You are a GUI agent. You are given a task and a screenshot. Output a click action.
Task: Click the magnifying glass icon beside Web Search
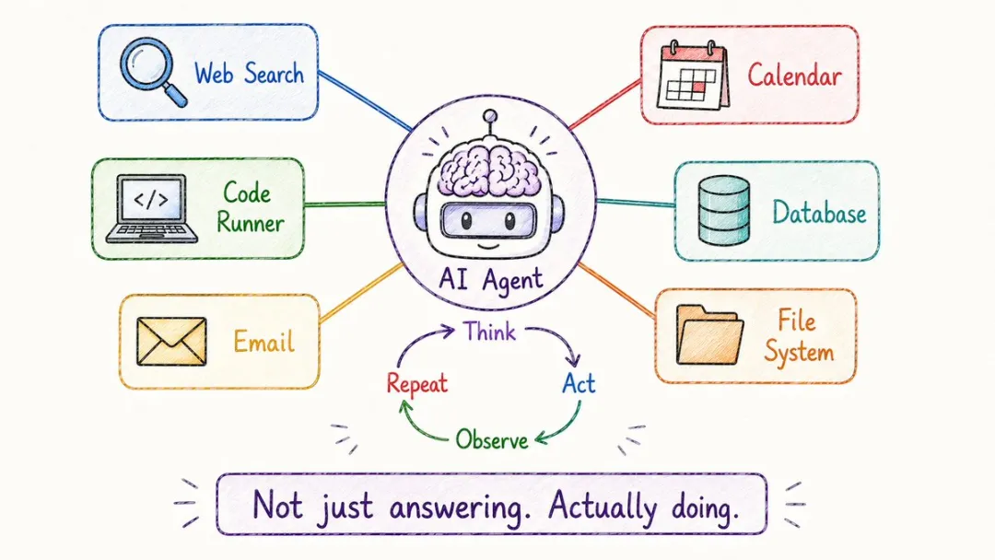[152, 71]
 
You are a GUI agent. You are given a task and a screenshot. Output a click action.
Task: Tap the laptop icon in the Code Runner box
[151, 209]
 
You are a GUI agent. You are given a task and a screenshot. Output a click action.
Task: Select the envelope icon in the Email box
[171, 341]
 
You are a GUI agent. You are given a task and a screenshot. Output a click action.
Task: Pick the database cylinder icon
[723, 211]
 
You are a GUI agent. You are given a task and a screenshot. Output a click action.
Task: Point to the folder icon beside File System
[709, 334]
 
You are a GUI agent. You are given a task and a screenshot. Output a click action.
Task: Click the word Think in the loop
[488, 332]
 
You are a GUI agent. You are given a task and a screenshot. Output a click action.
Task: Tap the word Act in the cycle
[578, 383]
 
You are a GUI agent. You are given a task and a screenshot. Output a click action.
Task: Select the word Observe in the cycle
[492, 439]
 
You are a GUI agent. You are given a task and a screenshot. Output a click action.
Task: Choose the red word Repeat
[417, 384]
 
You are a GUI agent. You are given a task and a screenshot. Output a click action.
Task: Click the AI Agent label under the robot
[490, 279]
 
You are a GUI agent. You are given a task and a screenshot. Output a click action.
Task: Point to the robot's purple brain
[489, 168]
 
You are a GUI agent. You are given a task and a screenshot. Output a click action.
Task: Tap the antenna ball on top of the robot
[489, 116]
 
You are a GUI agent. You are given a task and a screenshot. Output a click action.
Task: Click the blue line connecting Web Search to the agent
[366, 100]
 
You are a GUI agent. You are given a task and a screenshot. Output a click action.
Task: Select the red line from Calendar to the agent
[604, 105]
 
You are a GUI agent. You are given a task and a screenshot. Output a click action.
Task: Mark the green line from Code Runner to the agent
[345, 204]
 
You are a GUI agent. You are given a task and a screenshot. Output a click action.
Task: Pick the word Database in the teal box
[819, 213]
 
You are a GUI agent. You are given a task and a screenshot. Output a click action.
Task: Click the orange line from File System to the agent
[616, 290]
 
